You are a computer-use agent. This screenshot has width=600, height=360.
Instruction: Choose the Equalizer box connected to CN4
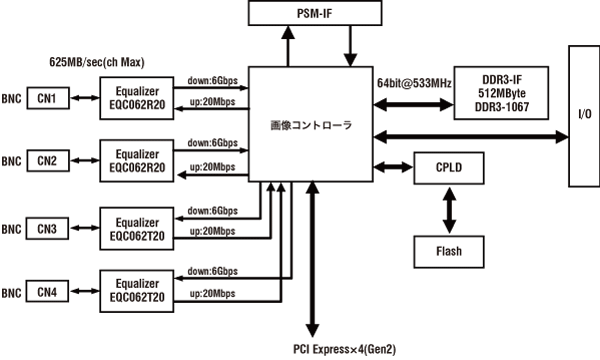[x=139, y=291]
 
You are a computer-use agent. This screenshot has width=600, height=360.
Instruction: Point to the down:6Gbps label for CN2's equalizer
[x=211, y=144]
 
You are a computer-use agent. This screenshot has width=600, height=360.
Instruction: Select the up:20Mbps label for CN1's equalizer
[x=211, y=108]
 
